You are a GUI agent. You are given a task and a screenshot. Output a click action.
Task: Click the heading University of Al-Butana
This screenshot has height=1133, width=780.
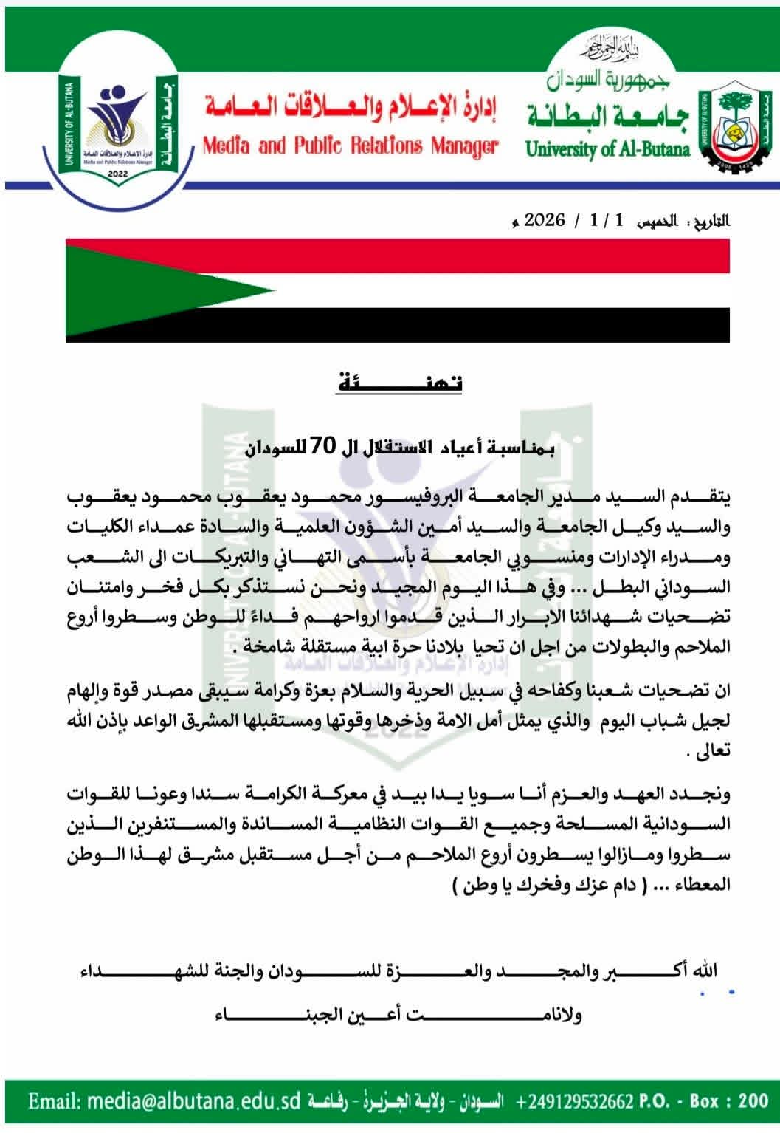(608, 148)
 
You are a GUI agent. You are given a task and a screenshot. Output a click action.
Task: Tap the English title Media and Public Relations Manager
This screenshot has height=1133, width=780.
(351, 146)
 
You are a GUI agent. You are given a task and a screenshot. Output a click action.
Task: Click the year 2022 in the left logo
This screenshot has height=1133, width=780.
(117, 174)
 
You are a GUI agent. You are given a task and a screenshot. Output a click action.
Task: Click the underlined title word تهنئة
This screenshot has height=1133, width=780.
(399, 383)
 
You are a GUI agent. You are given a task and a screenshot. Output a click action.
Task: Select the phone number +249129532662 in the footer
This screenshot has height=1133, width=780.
(576, 1102)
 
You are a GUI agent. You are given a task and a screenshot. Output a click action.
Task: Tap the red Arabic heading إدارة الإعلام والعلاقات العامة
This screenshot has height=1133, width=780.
(351, 110)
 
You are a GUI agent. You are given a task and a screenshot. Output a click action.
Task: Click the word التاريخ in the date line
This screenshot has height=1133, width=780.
(706, 221)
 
